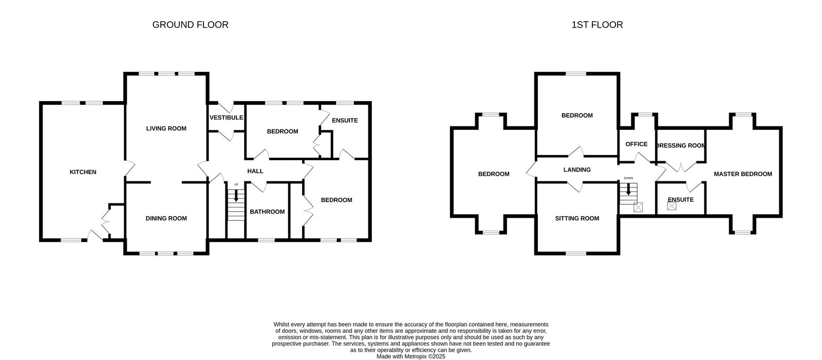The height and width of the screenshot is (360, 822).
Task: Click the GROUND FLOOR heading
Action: point(190,25)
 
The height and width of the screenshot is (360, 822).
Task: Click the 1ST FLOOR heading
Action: point(597,25)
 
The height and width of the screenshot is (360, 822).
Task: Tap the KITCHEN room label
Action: point(83,172)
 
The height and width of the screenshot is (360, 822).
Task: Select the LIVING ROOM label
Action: point(166,128)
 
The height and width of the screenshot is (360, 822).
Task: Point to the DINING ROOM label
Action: point(166,218)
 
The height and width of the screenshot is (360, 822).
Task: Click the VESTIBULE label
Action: point(226,118)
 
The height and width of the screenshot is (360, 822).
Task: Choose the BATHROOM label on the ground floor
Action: point(267,212)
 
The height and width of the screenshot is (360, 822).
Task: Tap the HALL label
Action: point(255,171)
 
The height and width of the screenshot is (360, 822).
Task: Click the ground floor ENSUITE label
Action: point(345,121)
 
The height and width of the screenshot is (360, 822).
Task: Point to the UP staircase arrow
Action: point(236,195)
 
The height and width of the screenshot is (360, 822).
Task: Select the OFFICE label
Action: point(636,144)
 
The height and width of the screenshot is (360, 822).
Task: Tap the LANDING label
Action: point(577,169)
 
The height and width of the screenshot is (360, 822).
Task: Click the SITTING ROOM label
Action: point(577,218)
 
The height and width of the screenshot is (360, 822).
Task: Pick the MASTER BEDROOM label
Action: point(743,174)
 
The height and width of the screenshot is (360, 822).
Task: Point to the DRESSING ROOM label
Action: point(681,145)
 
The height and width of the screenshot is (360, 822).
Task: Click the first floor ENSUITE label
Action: point(681,200)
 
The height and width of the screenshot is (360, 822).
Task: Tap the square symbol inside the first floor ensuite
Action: point(671,206)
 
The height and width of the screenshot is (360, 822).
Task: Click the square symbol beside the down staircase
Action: point(639,207)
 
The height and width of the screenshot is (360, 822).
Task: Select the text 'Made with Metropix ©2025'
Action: point(410,356)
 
